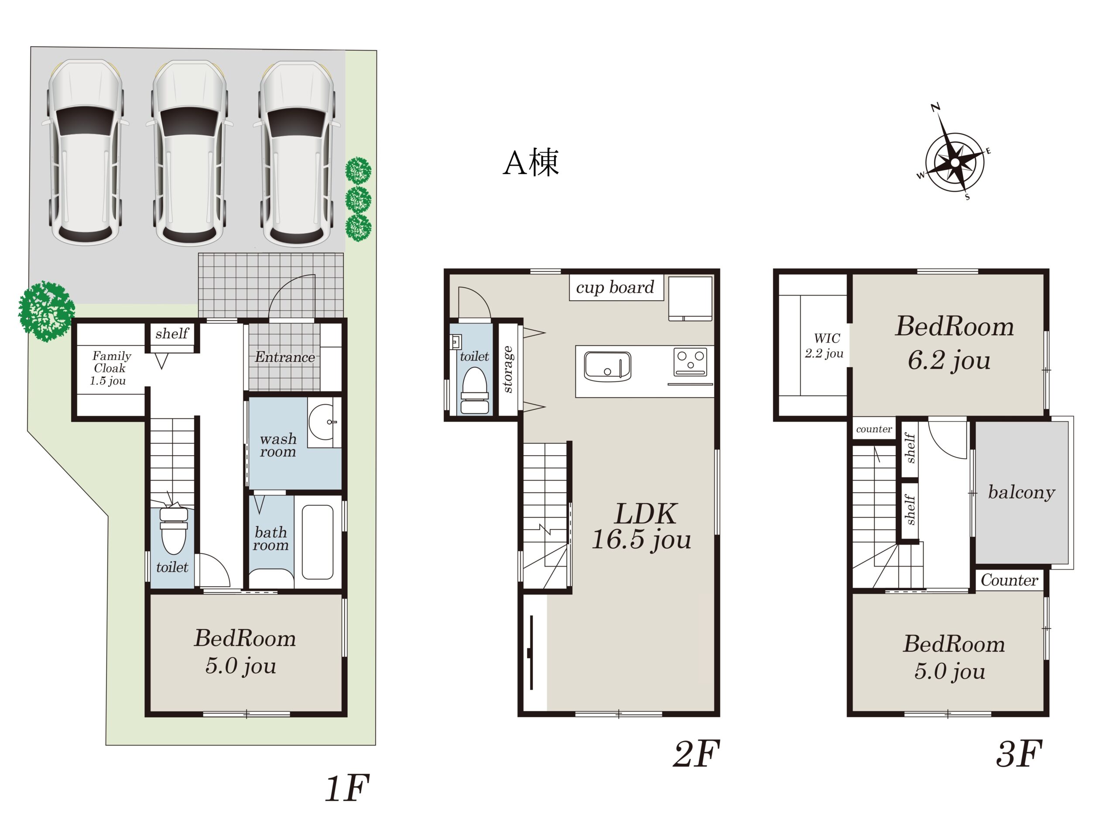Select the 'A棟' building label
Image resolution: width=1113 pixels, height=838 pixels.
(531, 162)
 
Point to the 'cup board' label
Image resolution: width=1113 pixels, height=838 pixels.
(615, 287)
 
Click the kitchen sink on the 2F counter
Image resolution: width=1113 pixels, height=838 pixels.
(607, 366)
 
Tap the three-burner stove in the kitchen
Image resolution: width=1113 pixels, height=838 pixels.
(690, 362)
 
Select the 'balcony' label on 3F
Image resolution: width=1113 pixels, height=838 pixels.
(1021, 492)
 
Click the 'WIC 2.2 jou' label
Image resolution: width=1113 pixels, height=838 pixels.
(824, 346)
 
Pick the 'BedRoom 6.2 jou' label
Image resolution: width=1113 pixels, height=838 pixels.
(953, 343)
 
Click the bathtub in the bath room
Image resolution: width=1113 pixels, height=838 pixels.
(317, 542)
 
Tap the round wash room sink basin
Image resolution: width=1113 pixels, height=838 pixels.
(322, 422)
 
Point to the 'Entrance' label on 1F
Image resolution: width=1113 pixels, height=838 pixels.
(285, 357)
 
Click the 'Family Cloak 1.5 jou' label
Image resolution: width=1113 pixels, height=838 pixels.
(110, 368)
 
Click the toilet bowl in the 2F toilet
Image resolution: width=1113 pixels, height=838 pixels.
(475, 390)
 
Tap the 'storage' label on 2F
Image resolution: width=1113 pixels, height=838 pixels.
(508, 369)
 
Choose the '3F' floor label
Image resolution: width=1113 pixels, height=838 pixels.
(1019, 753)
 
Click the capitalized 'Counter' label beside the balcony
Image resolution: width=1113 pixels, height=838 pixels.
(1009, 580)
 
